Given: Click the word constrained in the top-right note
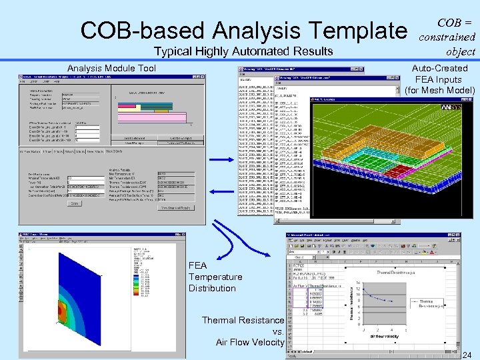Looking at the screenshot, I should pyautogui.click(x=447, y=37).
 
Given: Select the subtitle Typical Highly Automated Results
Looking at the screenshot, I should pyautogui.click(x=243, y=51).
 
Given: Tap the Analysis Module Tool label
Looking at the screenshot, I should pyautogui.click(x=112, y=68).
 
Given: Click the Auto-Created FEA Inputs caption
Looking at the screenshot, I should pyautogui.click(x=440, y=79).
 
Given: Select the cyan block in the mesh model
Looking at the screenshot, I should pyautogui.click(x=373, y=167).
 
